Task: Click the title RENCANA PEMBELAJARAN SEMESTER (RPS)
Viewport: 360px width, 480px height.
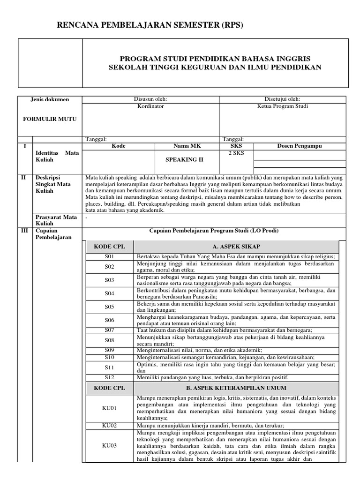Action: coord(150,25)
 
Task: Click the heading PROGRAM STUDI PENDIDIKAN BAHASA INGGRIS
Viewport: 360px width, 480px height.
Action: coord(215,59)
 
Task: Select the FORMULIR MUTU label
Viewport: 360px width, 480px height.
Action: coord(50,119)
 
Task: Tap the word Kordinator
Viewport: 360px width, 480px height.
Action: coord(150,106)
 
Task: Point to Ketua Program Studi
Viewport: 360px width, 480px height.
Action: coord(283,106)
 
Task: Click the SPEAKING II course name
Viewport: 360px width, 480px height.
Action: coord(185,159)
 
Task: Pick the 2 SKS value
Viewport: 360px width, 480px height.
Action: coord(236,153)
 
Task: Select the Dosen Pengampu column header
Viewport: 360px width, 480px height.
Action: coord(300,146)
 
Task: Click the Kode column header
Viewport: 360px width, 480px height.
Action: coord(119,146)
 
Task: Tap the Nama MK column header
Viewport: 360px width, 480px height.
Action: coord(185,146)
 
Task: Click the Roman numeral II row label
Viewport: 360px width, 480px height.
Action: coord(25,178)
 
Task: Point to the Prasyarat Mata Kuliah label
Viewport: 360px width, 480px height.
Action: coord(56,220)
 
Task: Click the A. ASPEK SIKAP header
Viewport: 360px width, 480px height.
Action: coord(236,247)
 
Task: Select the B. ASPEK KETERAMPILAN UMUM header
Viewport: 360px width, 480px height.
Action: coord(236,388)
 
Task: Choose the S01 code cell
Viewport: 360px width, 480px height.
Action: coord(109,257)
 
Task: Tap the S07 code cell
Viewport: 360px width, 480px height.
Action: coord(109,330)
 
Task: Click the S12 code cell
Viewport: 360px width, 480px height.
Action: coord(109,377)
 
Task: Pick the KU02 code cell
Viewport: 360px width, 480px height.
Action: coord(109,425)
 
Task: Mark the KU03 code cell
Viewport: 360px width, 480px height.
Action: coord(109,446)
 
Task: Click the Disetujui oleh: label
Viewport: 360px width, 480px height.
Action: coord(283,99)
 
